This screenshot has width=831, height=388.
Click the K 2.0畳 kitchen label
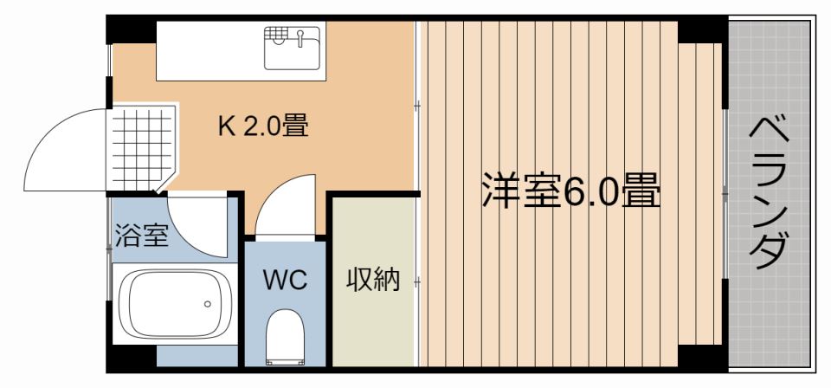coord(263,126)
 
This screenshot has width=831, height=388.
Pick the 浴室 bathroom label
coord(142,236)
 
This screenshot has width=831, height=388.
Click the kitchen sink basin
coord(292,48)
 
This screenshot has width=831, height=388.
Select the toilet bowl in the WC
coord(285,338)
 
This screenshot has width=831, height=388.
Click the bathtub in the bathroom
coord(174,304)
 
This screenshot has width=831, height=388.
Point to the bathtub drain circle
coord(207,304)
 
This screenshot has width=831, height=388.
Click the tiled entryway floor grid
coord(143,148)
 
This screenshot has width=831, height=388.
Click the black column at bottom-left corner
coord(131,359)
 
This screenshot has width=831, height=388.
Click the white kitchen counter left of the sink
coord(210,51)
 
